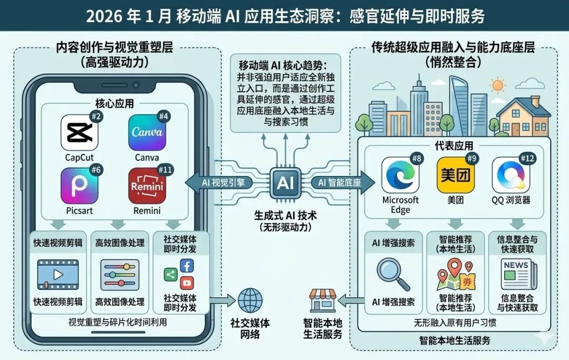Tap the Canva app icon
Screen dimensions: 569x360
[147, 132]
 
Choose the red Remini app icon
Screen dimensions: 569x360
[147, 186]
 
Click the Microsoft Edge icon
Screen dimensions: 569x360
[400, 175]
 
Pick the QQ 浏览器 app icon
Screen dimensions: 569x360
[511, 175]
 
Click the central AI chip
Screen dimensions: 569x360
[285, 183]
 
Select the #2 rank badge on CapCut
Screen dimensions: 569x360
[96, 116]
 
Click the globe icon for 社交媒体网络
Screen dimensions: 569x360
[250, 300]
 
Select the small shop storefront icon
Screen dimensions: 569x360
[322, 300]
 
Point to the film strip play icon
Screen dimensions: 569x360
[57, 275]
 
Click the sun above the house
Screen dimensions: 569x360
[497, 85]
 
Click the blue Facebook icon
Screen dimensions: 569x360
[187, 266]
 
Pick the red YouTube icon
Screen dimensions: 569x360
[187, 283]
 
